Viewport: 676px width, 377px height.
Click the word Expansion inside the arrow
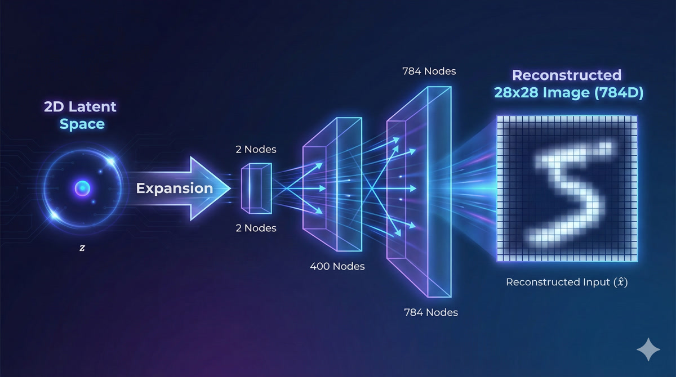(175, 188)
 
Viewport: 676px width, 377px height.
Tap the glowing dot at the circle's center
(82, 188)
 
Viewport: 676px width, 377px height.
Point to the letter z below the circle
(82, 248)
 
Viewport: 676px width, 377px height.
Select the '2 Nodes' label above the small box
(256, 150)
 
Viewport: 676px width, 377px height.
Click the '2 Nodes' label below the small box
(256, 228)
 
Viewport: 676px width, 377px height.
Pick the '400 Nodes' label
(337, 266)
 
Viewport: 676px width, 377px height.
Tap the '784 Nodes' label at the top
(429, 71)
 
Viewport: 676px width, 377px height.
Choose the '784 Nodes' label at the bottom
(430, 312)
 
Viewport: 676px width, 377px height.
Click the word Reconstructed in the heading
(566, 75)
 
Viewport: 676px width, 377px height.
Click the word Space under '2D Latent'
(82, 124)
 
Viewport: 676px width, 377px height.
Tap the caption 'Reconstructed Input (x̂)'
(567, 282)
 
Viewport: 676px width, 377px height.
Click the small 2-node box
(257, 188)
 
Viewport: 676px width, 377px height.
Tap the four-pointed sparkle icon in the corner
(648, 349)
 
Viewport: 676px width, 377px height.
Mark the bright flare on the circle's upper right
(110, 161)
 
